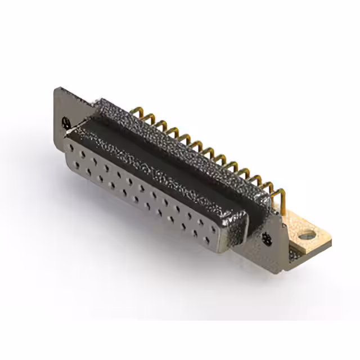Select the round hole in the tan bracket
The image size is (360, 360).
coord(307,235)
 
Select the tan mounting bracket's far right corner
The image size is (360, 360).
coord(331,242)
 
